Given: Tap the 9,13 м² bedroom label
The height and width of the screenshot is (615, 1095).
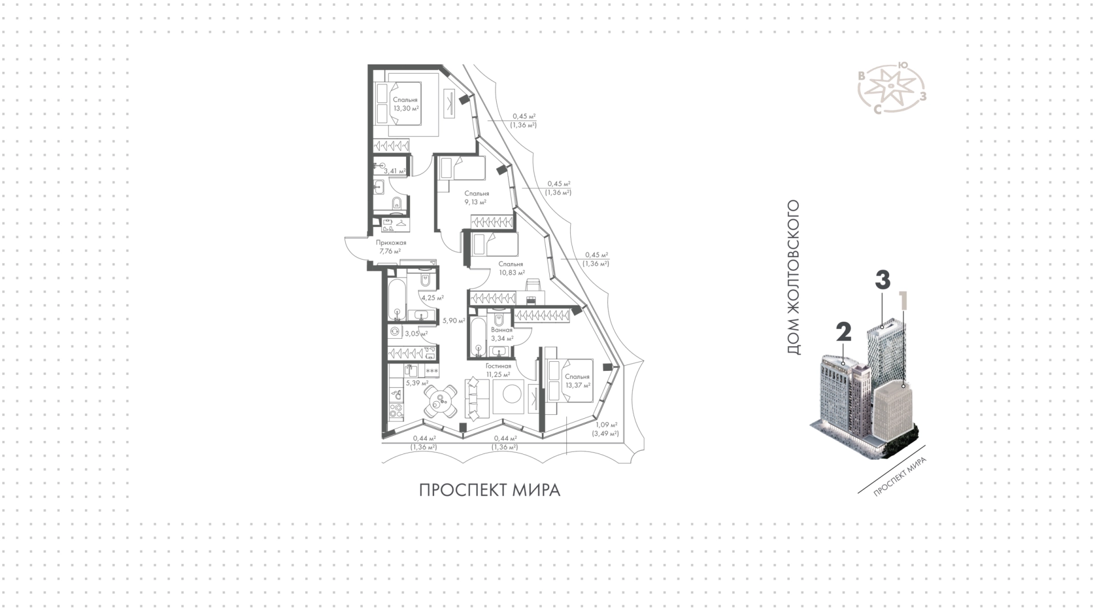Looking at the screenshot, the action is [x=476, y=197].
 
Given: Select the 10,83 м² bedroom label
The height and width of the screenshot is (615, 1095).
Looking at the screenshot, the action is [x=510, y=268].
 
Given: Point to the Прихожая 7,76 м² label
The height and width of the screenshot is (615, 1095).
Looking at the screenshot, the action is [x=391, y=246].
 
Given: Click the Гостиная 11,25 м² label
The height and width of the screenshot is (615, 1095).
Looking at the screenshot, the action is [x=498, y=370].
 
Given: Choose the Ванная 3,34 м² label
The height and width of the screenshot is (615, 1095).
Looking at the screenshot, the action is [x=502, y=334].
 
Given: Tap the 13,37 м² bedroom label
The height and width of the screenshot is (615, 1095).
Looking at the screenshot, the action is [x=577, y=381].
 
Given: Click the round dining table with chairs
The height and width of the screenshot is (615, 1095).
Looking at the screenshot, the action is [x=440, y=402].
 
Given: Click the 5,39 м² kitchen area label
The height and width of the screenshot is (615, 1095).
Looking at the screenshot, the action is [x=417, y=383].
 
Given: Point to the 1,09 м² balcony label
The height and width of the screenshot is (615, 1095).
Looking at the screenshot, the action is [x=607, y=429].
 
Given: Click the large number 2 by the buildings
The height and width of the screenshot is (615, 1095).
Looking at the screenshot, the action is [x=843, y=333].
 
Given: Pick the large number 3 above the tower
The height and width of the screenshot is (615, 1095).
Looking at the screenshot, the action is [x=882, y=280].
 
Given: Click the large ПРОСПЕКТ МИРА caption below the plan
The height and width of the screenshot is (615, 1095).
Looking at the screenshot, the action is [x=490, y=491].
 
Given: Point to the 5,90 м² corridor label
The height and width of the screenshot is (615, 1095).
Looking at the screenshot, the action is [x=454, y=321].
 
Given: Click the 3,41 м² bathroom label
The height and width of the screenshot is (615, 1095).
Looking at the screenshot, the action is [x=395, y=171].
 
